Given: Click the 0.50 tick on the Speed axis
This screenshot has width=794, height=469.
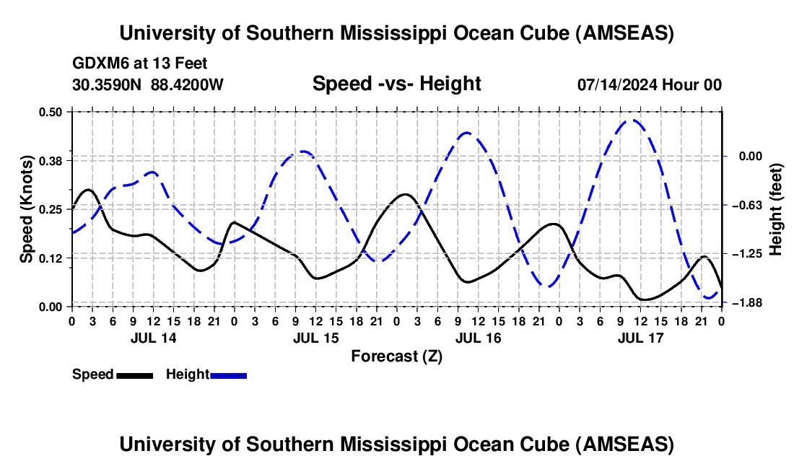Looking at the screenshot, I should pyautogui.click(x=53, y=112).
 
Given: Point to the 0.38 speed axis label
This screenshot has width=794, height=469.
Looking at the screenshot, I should pyautogui.click(x=53, y=160).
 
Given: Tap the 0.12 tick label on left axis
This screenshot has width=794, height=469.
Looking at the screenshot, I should pyautogui.click(x=53, y=258).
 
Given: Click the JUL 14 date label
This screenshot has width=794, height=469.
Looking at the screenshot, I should pyautogui.click(x=153, y=338).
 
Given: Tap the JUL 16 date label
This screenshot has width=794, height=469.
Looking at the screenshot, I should pyautogui.click(x=478, y=338).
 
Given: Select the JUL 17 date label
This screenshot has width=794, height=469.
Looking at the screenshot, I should pyautogui.click(x=640, y=338).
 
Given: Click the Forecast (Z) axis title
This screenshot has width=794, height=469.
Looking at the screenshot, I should pyautogui.click(x=396, y=356).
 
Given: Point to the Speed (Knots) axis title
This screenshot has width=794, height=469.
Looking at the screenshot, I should pyautogui.click(x=27, y=209).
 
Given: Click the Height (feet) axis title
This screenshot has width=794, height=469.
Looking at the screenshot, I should pyautogui.click(x=777, y=209).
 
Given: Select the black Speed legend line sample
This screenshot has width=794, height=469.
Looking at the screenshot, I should pyautogui.click(x=134, y=374).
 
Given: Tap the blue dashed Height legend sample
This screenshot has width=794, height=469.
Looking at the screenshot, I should pyautogui.click(x=229, y=374).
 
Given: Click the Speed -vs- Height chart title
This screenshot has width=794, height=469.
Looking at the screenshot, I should pyautogui.click(x=396, y=84).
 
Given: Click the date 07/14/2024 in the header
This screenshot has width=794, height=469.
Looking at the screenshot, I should pyautogui.click(x=614, y=84).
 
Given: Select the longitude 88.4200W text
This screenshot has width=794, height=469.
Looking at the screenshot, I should pyautogui.click(x=187, y=84).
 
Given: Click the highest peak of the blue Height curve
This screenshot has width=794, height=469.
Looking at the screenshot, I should pyautogui.click(x=633, y=120).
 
